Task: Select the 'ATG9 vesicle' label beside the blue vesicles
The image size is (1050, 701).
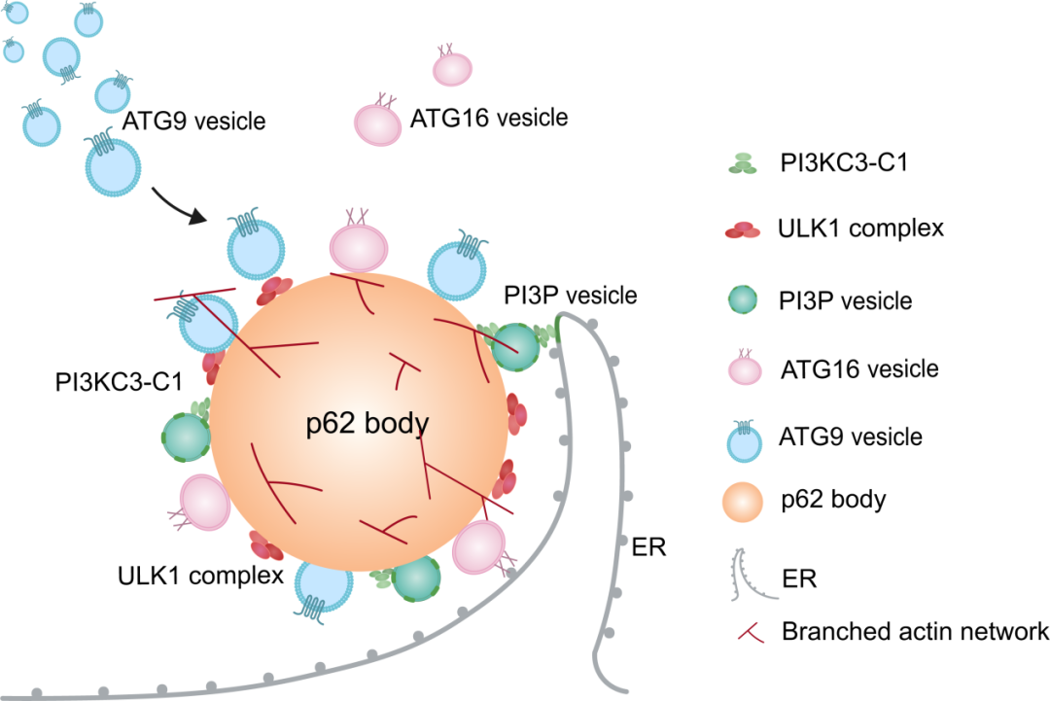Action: pos(194,122)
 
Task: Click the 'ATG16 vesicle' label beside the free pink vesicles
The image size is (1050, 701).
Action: pos(489,118)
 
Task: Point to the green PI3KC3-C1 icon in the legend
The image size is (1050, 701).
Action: pos(744,164)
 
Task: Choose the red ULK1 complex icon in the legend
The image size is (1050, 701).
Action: pos(744,230)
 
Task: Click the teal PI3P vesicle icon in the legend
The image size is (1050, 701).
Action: pos(744,298)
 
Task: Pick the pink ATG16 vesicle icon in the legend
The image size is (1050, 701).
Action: pos(744,368)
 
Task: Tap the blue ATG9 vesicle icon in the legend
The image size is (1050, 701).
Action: pos(744,438)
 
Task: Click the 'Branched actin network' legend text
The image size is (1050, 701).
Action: pos(915,632)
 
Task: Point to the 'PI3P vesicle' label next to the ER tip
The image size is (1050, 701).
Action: pos(570,295)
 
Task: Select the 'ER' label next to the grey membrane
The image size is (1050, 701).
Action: pos(648,544)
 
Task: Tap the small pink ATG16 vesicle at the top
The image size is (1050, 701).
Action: pos(452,68)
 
